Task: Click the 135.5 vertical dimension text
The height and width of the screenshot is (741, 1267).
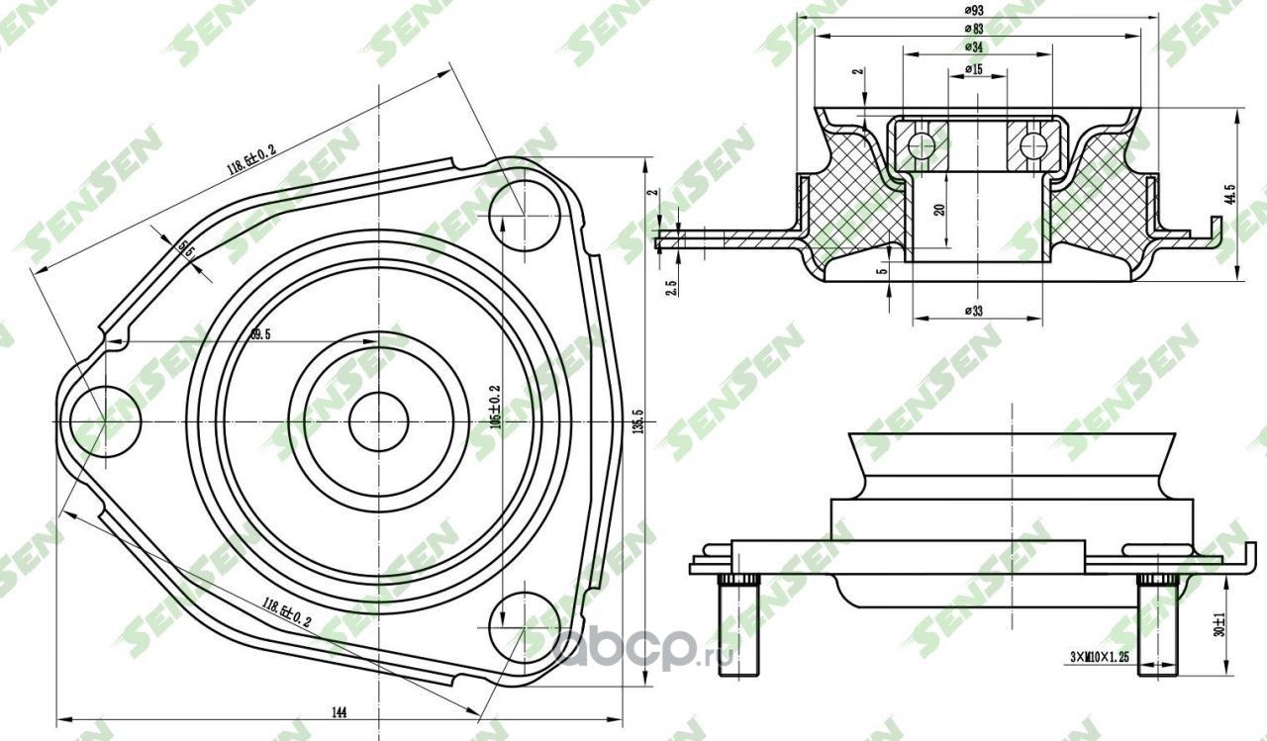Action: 637,420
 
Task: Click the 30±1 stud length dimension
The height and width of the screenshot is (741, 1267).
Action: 1220,625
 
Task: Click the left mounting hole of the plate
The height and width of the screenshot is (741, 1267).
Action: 107,421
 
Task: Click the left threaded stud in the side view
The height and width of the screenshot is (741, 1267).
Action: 737,628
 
